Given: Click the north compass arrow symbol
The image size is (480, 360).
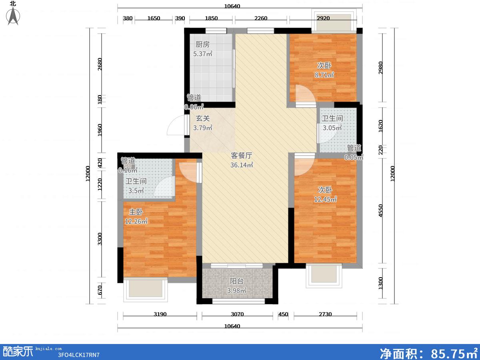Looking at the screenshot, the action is click(13, 16).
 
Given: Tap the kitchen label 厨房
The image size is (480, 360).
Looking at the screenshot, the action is click(202, 44).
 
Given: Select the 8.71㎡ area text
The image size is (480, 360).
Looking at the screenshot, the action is click(324, 75).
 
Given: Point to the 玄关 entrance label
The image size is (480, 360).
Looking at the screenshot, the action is click(203, 118).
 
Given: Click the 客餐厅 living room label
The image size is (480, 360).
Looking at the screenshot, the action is click(242, 156).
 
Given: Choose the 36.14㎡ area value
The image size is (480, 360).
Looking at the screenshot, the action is click(242, 165).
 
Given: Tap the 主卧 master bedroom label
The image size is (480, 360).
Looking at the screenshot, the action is click(136, 212).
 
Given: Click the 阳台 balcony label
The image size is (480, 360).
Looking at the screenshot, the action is click(237, 281).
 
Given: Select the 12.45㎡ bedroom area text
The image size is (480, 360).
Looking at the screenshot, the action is click(325, 199).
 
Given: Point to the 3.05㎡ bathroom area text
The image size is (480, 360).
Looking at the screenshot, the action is click(332, 128).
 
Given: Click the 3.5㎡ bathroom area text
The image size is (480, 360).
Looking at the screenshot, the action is click(136, 191).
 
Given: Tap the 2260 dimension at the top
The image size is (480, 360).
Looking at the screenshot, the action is click(261, 18).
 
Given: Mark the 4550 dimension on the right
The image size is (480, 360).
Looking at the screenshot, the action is click(381, 210).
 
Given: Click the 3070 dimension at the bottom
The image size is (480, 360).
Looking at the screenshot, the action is click(237, 314).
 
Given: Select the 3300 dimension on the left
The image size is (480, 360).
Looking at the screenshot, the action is click(100, 239).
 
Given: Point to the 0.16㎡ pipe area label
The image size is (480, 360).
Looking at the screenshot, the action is click(128, 170).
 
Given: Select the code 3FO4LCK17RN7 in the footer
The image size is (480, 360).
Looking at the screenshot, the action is click(79, 355).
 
